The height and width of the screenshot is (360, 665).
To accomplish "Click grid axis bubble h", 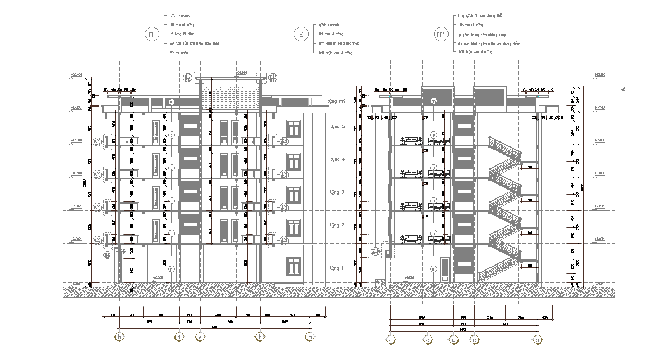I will [119, 337].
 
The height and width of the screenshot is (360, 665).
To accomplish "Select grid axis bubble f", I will [179, 337].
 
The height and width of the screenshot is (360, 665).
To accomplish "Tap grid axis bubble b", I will [260, 337].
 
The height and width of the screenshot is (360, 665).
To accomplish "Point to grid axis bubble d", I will [453, 339].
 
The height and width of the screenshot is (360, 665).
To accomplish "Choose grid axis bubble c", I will [474, 339].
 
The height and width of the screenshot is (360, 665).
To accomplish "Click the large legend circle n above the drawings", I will [151, 34].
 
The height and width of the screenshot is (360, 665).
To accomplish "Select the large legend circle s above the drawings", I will [301, 34].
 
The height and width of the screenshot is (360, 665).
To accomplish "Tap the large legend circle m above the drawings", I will [441, 34].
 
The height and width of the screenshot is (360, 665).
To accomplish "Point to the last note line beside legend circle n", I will [179, 53].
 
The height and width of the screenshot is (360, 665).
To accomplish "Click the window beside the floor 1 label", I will [294, 267].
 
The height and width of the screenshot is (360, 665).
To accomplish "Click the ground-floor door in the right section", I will [445, 271].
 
